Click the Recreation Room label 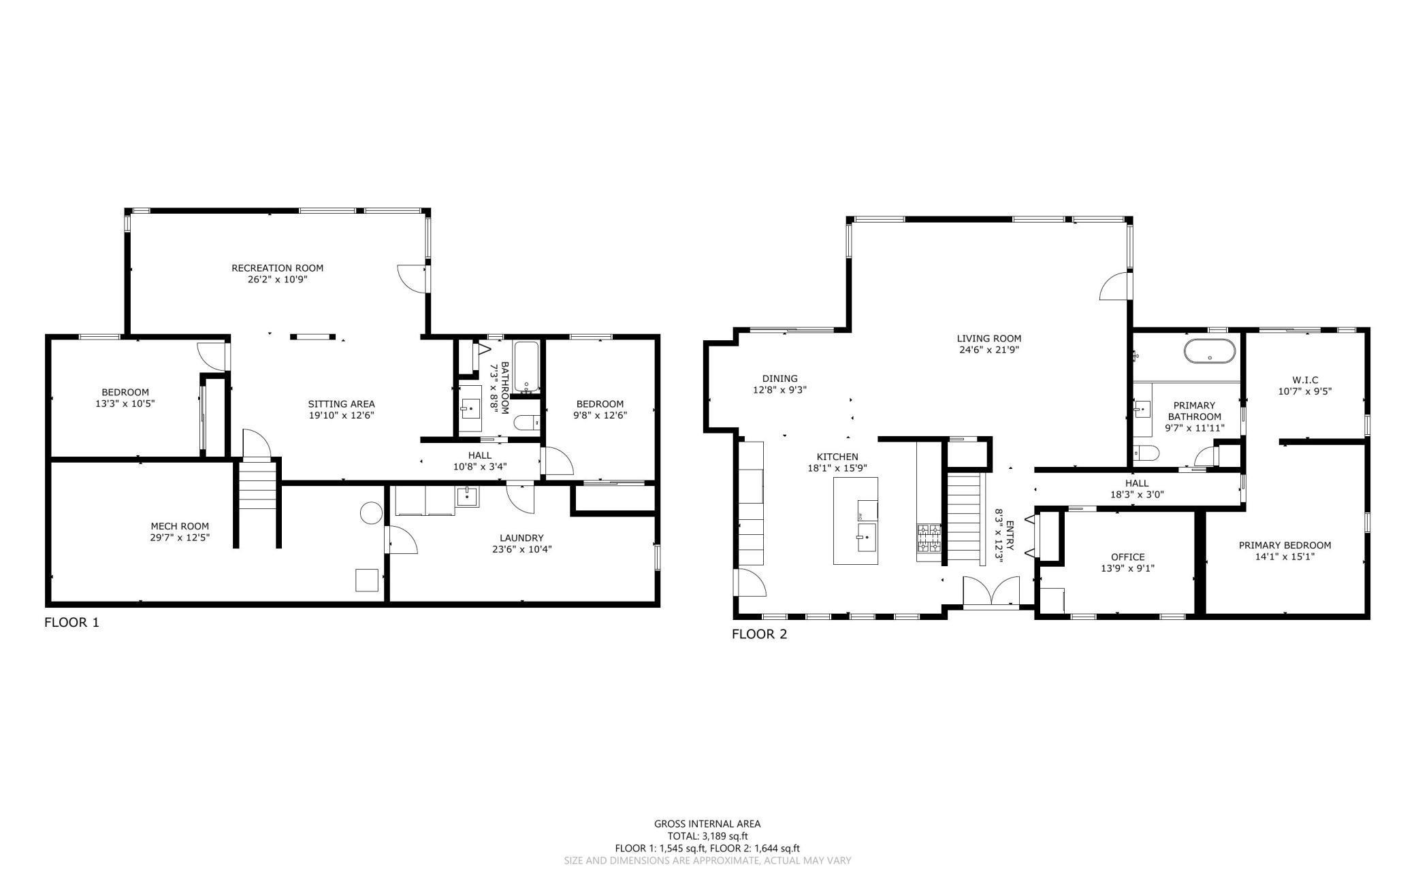point(277,267)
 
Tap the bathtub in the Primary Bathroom point(1209,352)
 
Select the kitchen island point(855,521)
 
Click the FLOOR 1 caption point(71,622)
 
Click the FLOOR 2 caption point(759,634)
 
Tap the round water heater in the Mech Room point(371,512)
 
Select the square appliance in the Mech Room point(366,580)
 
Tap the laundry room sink point(467,495)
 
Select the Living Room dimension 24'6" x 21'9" point(988,350)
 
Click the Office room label point(1127,557)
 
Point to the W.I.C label point(1305,380)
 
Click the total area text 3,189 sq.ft point(707,836)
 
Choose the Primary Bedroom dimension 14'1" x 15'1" point(1285,556)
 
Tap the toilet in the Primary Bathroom point(1146,453)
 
